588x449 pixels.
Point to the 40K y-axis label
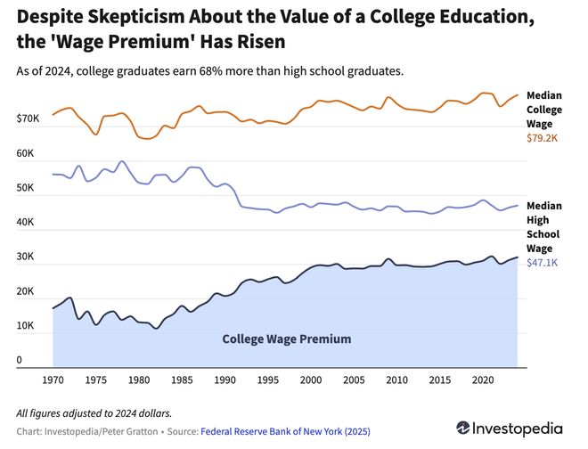tap(25, 223)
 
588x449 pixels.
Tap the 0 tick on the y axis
tap(19, 361)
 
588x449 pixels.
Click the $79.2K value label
tap(543, 138)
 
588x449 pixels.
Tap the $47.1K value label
tap(543, 263)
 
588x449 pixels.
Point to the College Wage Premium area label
tap(286, 339)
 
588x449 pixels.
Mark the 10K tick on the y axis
tap(25, 327)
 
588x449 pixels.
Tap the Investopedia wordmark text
tap(526, 429)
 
